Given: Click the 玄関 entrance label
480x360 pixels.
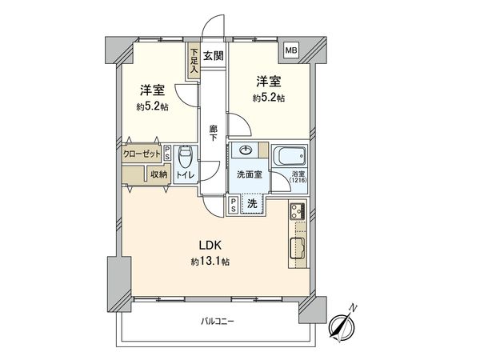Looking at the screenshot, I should (x=213, y=55).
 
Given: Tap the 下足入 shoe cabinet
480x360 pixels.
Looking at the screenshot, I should (x=194, y=62).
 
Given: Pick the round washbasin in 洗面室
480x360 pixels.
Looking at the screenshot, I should (x=246, y=150).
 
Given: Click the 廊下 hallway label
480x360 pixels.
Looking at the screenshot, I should (x=213, y=132).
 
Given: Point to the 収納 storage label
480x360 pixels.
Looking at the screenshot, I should (x=158, y=174).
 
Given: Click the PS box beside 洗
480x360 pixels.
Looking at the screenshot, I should (x=233, y=204).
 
